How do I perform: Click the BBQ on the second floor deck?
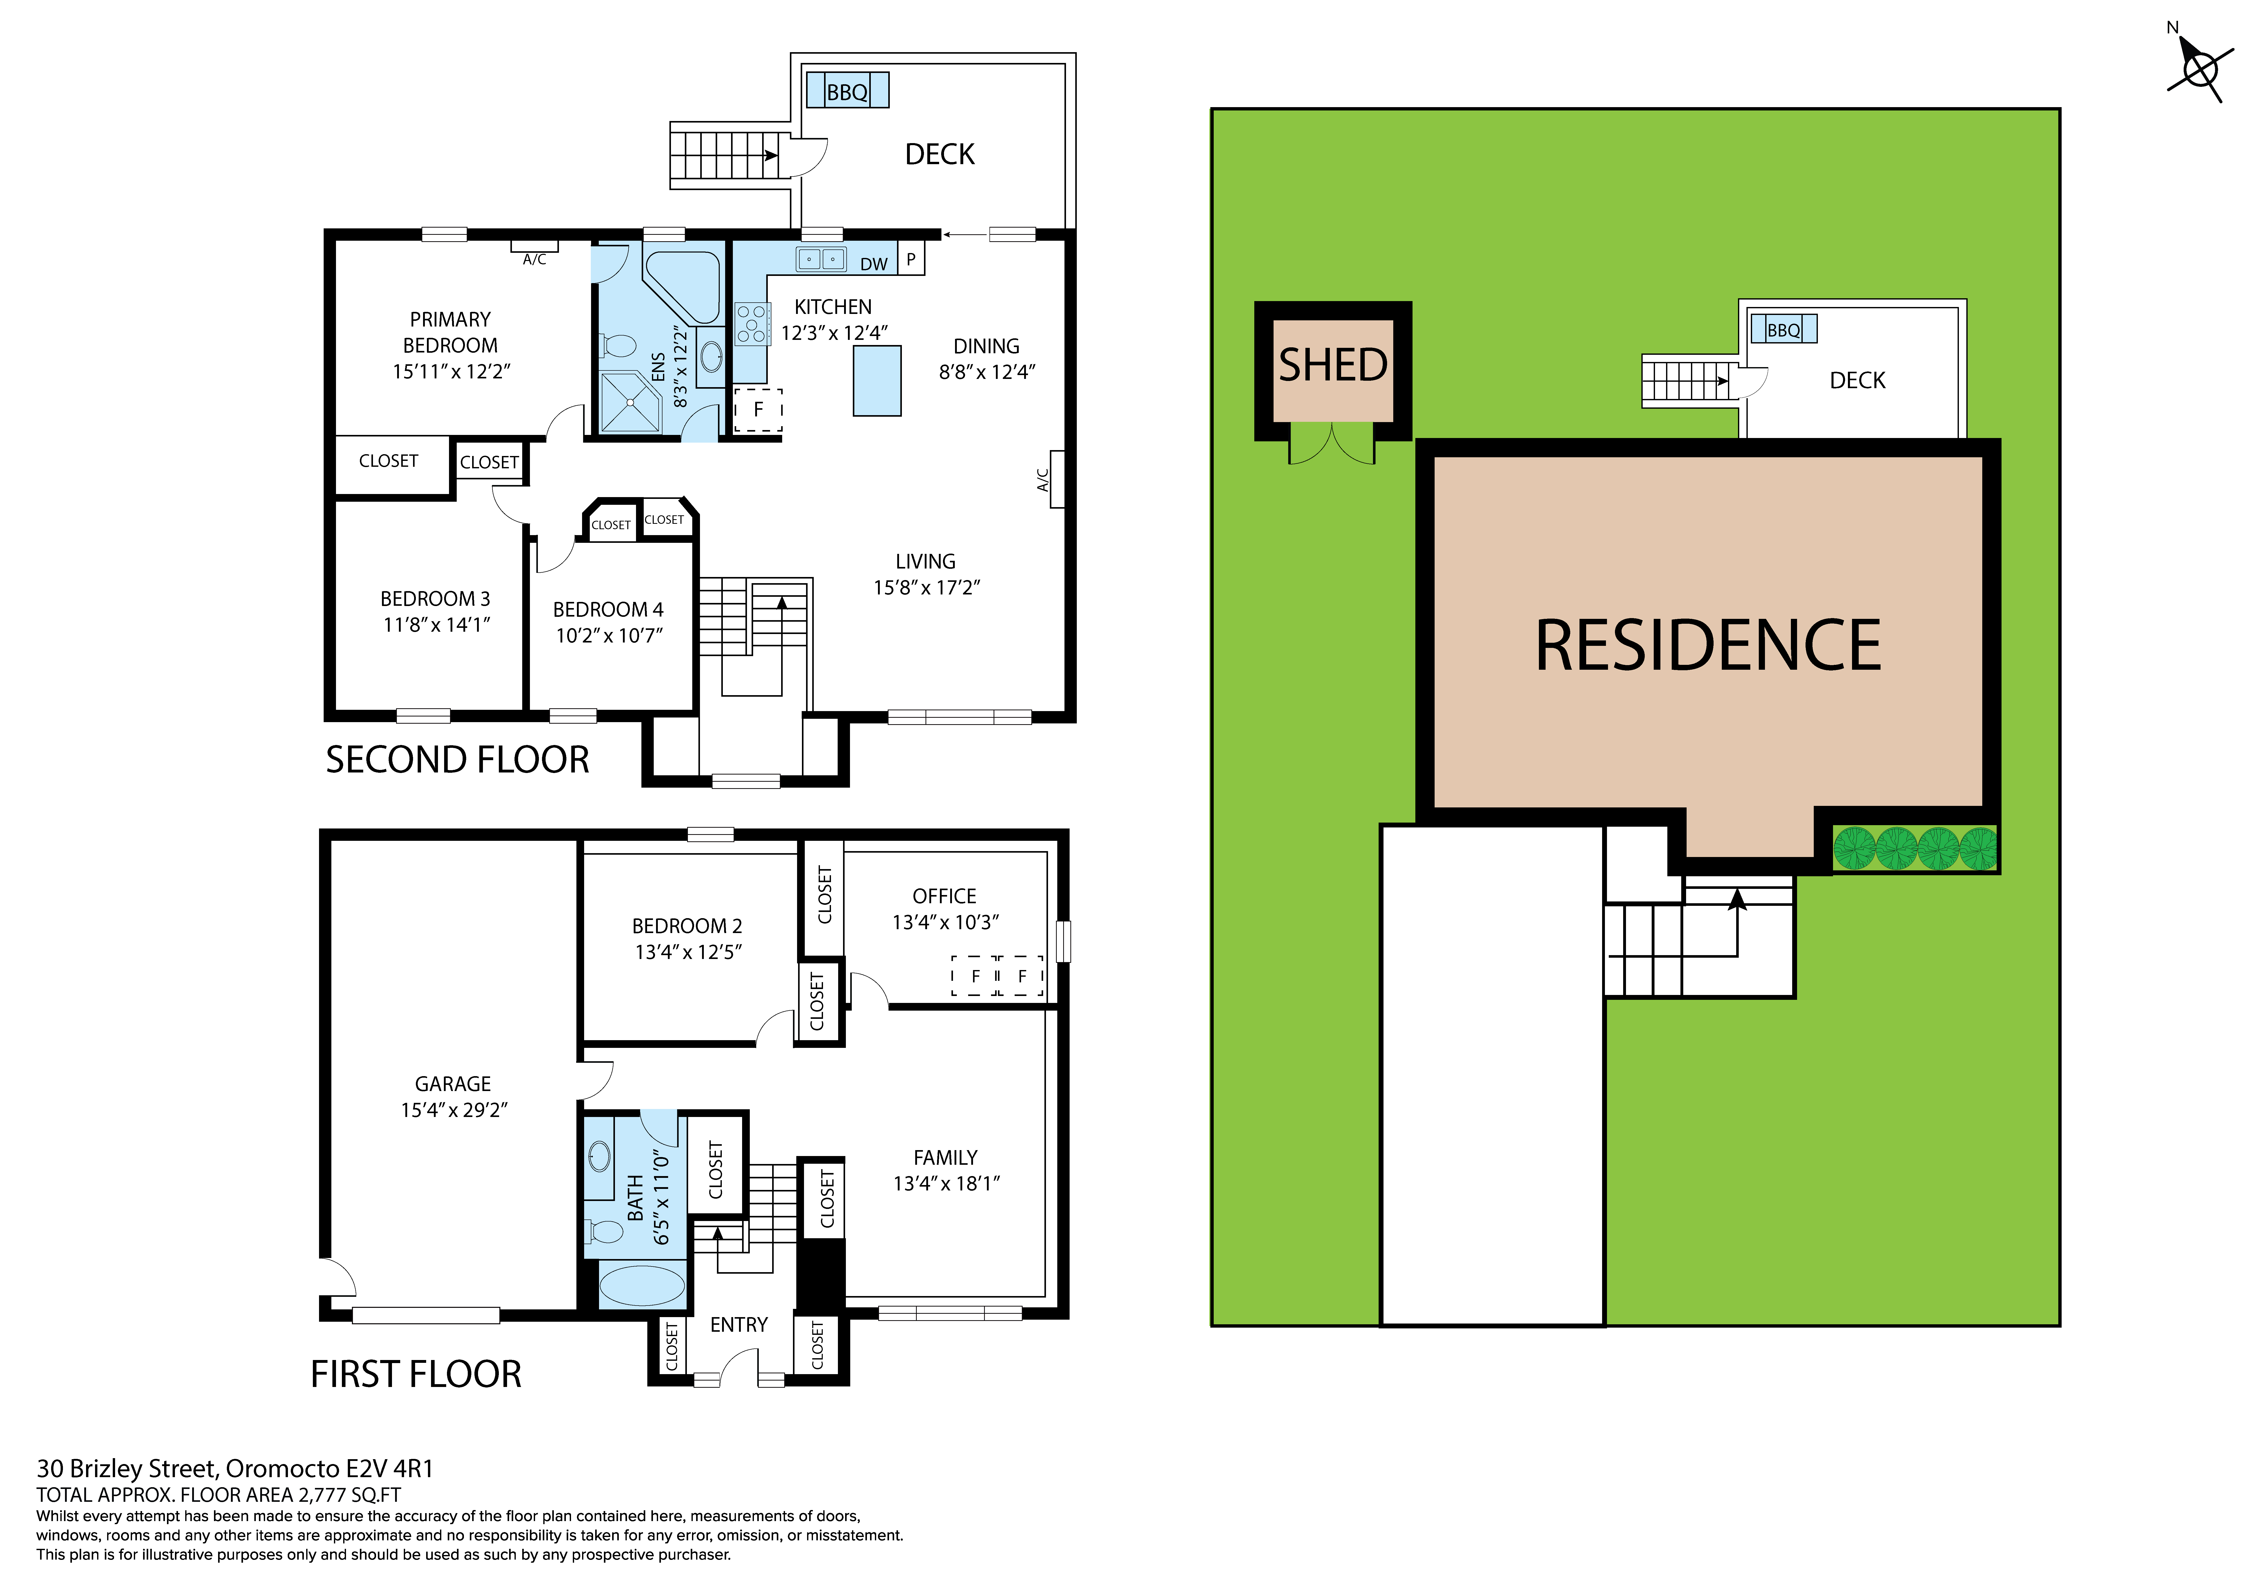[847, 91]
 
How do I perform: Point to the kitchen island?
[876, 381]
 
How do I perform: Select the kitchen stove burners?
[752, 324]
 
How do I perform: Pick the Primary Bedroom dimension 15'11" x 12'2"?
[451, 371]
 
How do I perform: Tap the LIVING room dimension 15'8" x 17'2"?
[926, 587]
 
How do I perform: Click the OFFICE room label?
[944, 896]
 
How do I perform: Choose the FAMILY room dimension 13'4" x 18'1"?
[946, 1184]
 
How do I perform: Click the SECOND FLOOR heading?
[457, 760]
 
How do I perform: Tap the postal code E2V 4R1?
[389, 1469]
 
